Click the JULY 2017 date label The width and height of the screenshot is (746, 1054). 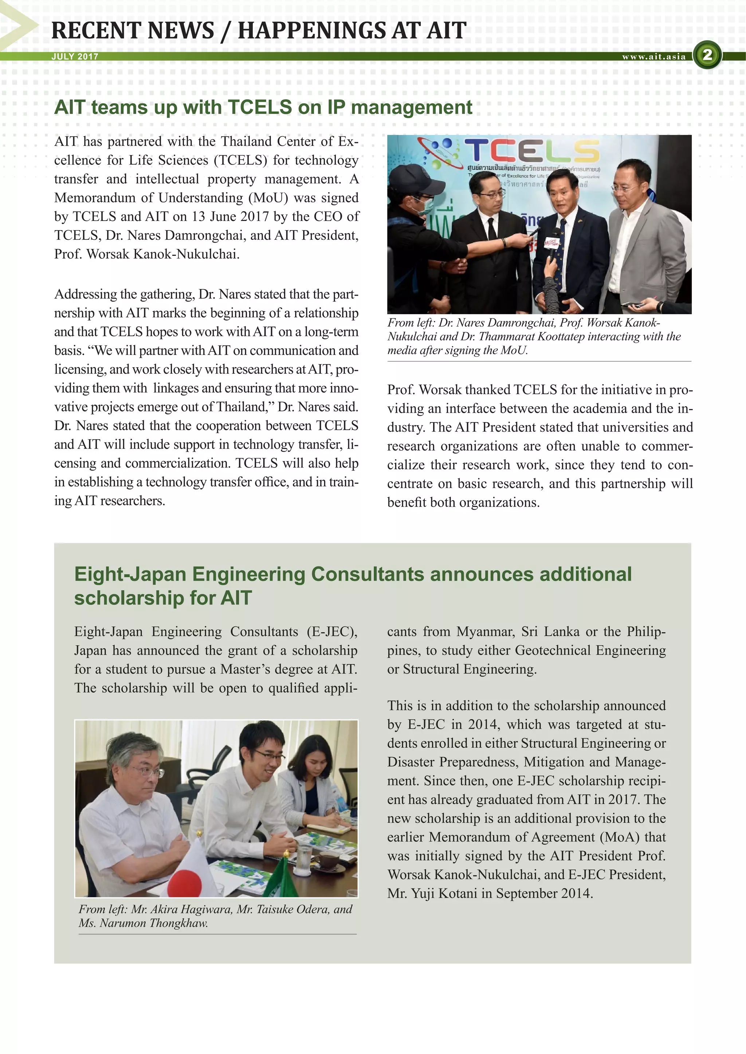75,56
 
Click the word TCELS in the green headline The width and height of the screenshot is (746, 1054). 260,107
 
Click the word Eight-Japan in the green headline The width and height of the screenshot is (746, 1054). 130,574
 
